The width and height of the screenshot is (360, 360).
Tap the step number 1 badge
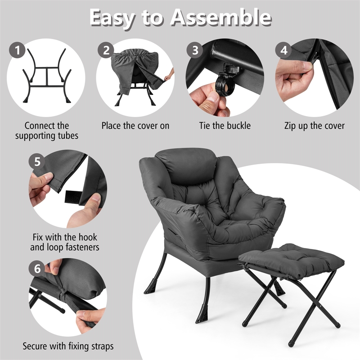pos(18,50)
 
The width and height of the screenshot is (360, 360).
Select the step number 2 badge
pos(106,50)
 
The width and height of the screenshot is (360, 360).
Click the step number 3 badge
pos(195,50)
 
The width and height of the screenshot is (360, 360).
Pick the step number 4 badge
pos(283,50)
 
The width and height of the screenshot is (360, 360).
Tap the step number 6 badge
pos(37,269)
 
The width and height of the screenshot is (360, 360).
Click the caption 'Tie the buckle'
pos(225,126)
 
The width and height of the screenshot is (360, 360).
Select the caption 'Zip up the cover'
pos(315,126)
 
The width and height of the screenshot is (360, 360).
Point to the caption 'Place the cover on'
pos(135,126)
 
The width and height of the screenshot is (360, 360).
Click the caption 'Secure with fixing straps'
pos(68,346)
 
